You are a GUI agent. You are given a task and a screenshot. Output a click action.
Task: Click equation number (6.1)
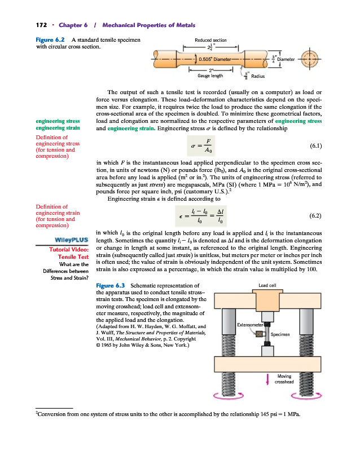[317, 145]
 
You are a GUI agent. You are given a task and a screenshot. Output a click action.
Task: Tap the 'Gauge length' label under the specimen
[209, 75]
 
